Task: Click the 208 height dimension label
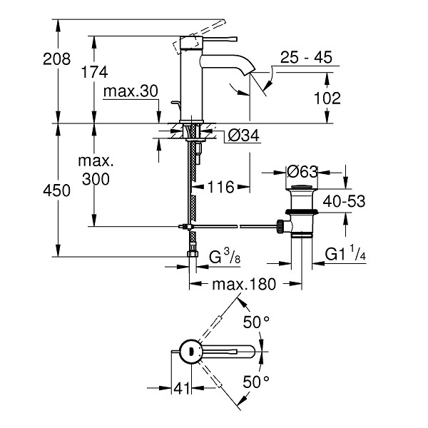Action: click(x=57, y=58)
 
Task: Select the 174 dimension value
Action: click(x=94, y=72)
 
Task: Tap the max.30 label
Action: click(x=131, y=91)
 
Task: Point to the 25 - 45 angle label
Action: click(x=306, y=57)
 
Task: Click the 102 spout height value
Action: click(x=327, y=98)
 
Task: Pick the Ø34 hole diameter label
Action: click(x=244, y=135)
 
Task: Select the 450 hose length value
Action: click(x=57, y=190)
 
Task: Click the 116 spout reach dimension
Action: click(x=221, y=187)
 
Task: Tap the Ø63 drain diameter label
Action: click(x=302, y=172)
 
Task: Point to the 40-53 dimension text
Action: click(x=344, y=201)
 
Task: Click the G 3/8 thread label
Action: click(x=225, y=257)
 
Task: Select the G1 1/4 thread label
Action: click(x=345, y=253)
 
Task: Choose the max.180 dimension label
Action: click(x=244, y=284)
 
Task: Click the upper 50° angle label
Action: click(x=256, y=322)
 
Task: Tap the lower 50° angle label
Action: click(x=256, y=382)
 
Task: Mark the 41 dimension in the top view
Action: click(x=181, y=388)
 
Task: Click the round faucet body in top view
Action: click(x=191, y=352)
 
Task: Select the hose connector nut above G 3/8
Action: click(x=193, y=254)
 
